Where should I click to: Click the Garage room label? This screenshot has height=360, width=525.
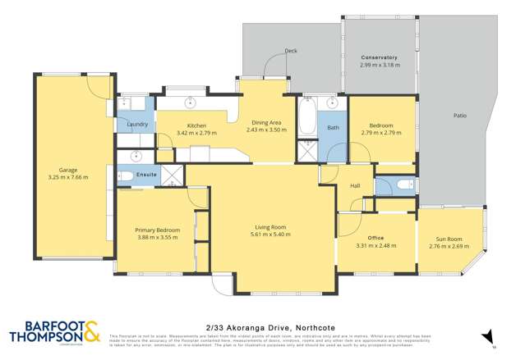56,170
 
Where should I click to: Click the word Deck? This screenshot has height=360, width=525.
290,52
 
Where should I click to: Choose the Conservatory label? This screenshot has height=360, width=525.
380,57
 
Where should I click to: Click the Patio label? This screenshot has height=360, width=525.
460,116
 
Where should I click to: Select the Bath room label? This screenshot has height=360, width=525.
334,128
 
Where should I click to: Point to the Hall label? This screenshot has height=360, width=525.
356,187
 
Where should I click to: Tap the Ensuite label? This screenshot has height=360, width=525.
147,175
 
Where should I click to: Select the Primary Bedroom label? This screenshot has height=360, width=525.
157,230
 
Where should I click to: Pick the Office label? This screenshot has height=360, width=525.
376,237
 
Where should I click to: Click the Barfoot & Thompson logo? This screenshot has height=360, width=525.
54,332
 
